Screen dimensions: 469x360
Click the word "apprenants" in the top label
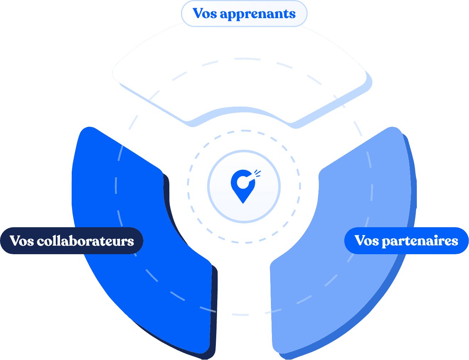(257, 14)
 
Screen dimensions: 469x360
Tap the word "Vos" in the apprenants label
(205, 13)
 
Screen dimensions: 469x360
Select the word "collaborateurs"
(86, 241)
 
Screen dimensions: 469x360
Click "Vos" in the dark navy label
(22, 241)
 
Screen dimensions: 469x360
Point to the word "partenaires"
(420, 241)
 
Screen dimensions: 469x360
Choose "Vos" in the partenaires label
(367, 241)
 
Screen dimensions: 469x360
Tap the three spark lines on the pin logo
(258, 173)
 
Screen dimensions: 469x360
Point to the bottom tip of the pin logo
(243, 202)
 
